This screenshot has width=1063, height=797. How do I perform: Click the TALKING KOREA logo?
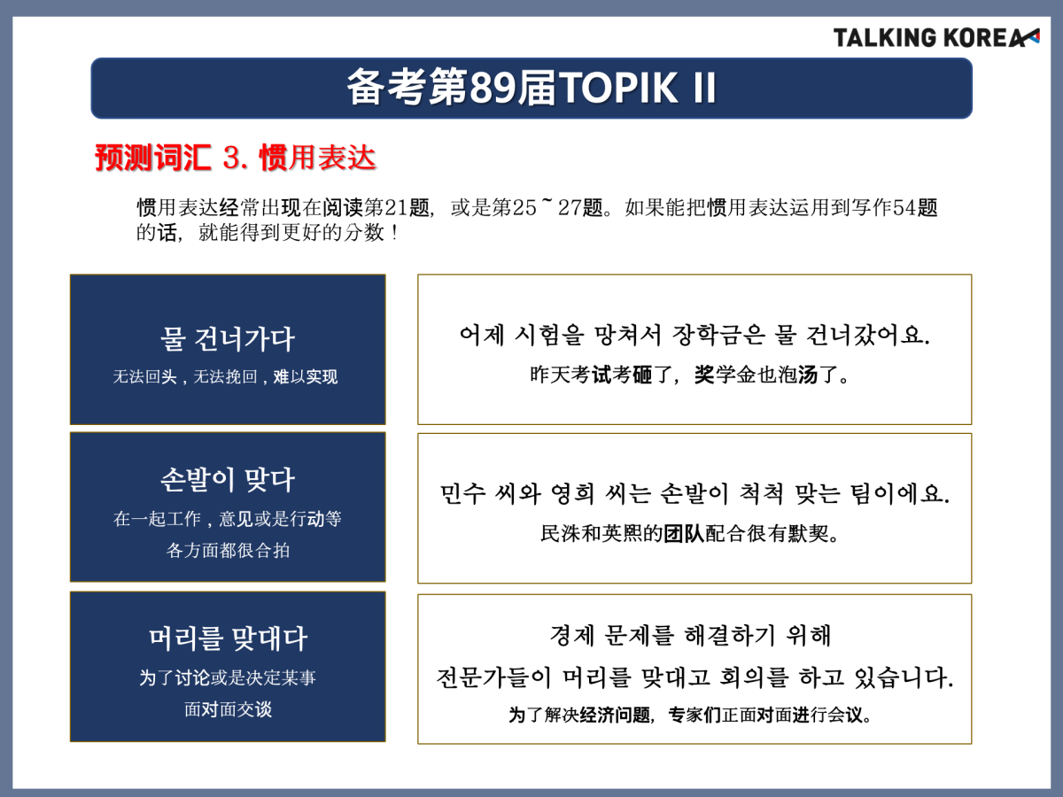(936, 38)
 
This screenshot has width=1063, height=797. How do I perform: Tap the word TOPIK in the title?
(618, 88)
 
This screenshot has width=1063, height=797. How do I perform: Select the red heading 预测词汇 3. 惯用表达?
(236, 158)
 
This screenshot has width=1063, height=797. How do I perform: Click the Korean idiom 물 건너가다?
(228, 339)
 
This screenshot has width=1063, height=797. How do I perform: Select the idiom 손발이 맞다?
(228, 480)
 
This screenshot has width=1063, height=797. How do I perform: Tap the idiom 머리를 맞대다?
(228, 638)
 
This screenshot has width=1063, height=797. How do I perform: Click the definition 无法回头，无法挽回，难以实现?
(225, 376)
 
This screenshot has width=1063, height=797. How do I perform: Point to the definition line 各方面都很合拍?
(228, 550)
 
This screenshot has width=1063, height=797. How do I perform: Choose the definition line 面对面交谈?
(228, 709)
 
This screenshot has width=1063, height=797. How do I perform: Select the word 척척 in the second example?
(761, 493)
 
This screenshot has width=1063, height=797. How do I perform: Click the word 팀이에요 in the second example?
(900, 493)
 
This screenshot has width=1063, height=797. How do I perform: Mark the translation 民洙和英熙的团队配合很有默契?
(689, 533)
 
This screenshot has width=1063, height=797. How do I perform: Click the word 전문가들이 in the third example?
(493, 677)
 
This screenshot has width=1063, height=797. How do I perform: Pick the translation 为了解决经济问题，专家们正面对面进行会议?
(689, 715)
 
